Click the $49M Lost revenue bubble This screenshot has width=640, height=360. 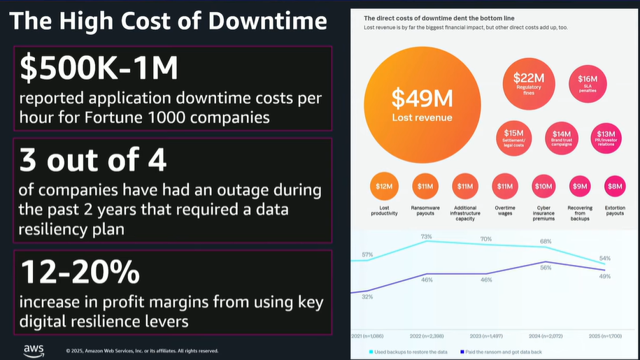coord(422,103)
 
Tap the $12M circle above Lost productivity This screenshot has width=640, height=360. coord(384,187)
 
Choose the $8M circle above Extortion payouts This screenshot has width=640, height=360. coord(615,186)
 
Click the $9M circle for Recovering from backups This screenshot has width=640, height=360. coord(580,186)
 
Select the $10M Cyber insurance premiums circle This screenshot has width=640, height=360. coord(543,187)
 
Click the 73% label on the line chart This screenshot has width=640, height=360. coord(426,237)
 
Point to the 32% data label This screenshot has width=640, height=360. coord(367,297)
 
